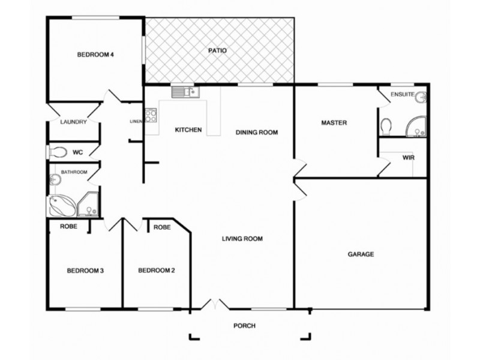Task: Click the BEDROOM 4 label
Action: [95, 55]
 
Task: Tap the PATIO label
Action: [217, 50]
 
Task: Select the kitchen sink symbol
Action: [185, 92]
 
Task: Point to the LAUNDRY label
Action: [74, 122]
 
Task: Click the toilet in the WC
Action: [58, 152]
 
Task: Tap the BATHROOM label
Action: [74, 172]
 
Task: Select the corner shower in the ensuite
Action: [416, 125]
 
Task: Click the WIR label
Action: [409, 158]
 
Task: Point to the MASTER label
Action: [334, 122]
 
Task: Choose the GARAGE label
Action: [361, 254]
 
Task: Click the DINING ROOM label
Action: [257, 133]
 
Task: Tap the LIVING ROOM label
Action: [242, 239]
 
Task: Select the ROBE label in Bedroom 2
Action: [162, 227]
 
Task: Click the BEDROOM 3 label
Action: [85, 271]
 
